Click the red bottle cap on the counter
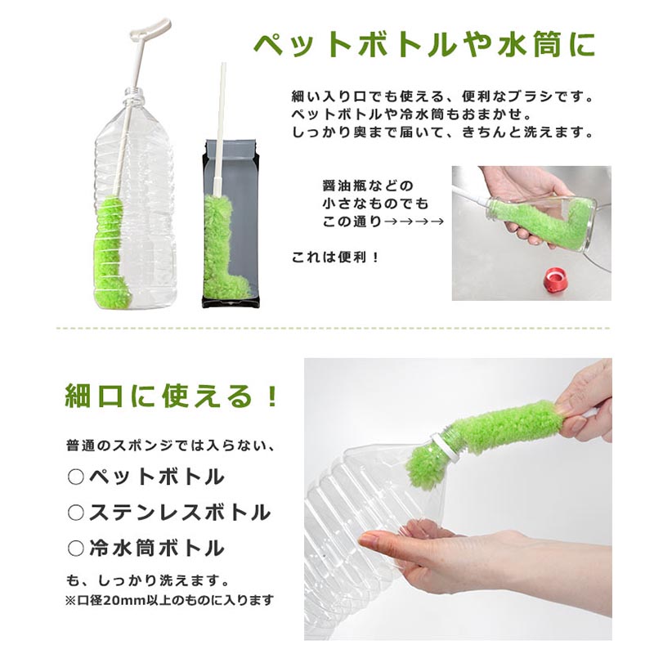click(x=555, y=280)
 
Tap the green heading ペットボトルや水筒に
click(x=424, y=45)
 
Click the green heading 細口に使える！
click(x=171, y=396)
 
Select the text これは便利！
click(x=336, y=258)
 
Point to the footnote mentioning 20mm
click(x=170, y=600)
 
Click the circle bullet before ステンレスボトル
click(x=75, y=513)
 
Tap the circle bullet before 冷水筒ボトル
click(x=75, y=549)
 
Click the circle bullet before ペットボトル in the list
click(x=75, y=477)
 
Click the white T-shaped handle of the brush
click(x=151, y=29)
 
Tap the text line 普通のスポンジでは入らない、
click(x=171, y=446)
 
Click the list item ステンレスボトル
click(x=180, y=513)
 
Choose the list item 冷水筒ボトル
click(x=157, y=549)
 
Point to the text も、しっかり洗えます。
click(x=148, y=580)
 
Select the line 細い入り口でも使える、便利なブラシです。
click(x=442, y=96)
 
